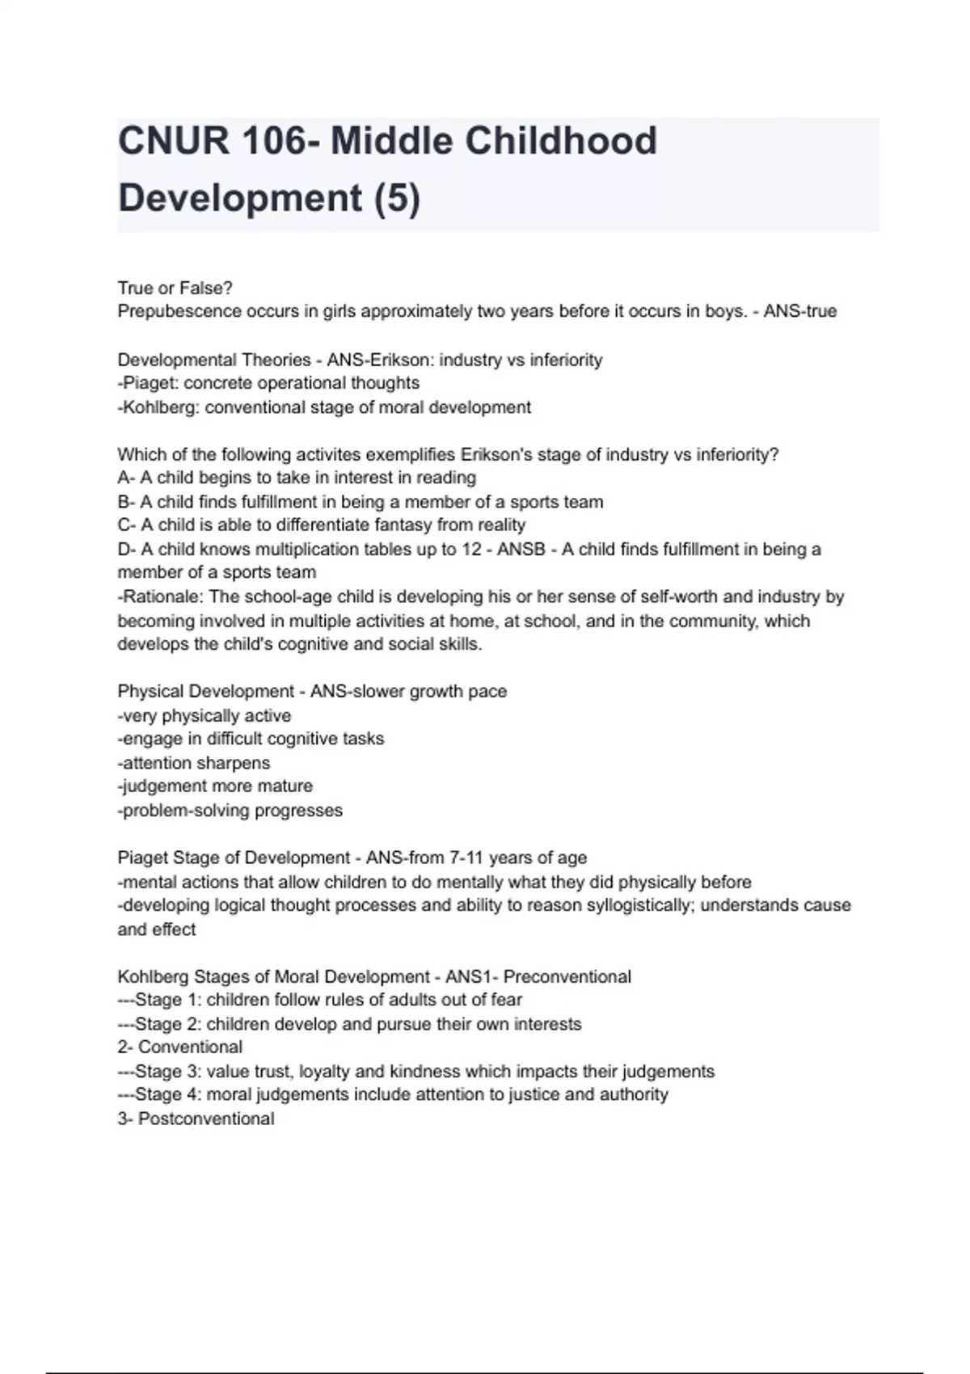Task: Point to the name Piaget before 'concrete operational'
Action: point(150,383)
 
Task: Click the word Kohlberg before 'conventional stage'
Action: point(158,407)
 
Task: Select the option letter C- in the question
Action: point(127,525)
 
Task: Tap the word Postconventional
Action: point(206,1119)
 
